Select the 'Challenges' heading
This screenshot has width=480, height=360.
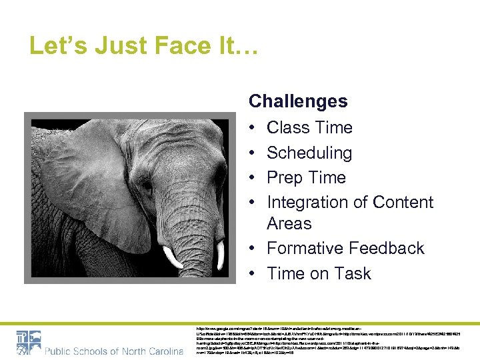[298, 101]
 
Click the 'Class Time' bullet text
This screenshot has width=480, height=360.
[309, 127]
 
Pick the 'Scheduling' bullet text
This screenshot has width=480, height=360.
[309, 153]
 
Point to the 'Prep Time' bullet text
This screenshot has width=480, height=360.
[306, 178]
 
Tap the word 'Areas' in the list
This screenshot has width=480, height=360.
[289, 223]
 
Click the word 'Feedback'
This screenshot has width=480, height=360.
[389, 248]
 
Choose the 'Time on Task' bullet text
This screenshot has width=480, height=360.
[319, 273]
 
